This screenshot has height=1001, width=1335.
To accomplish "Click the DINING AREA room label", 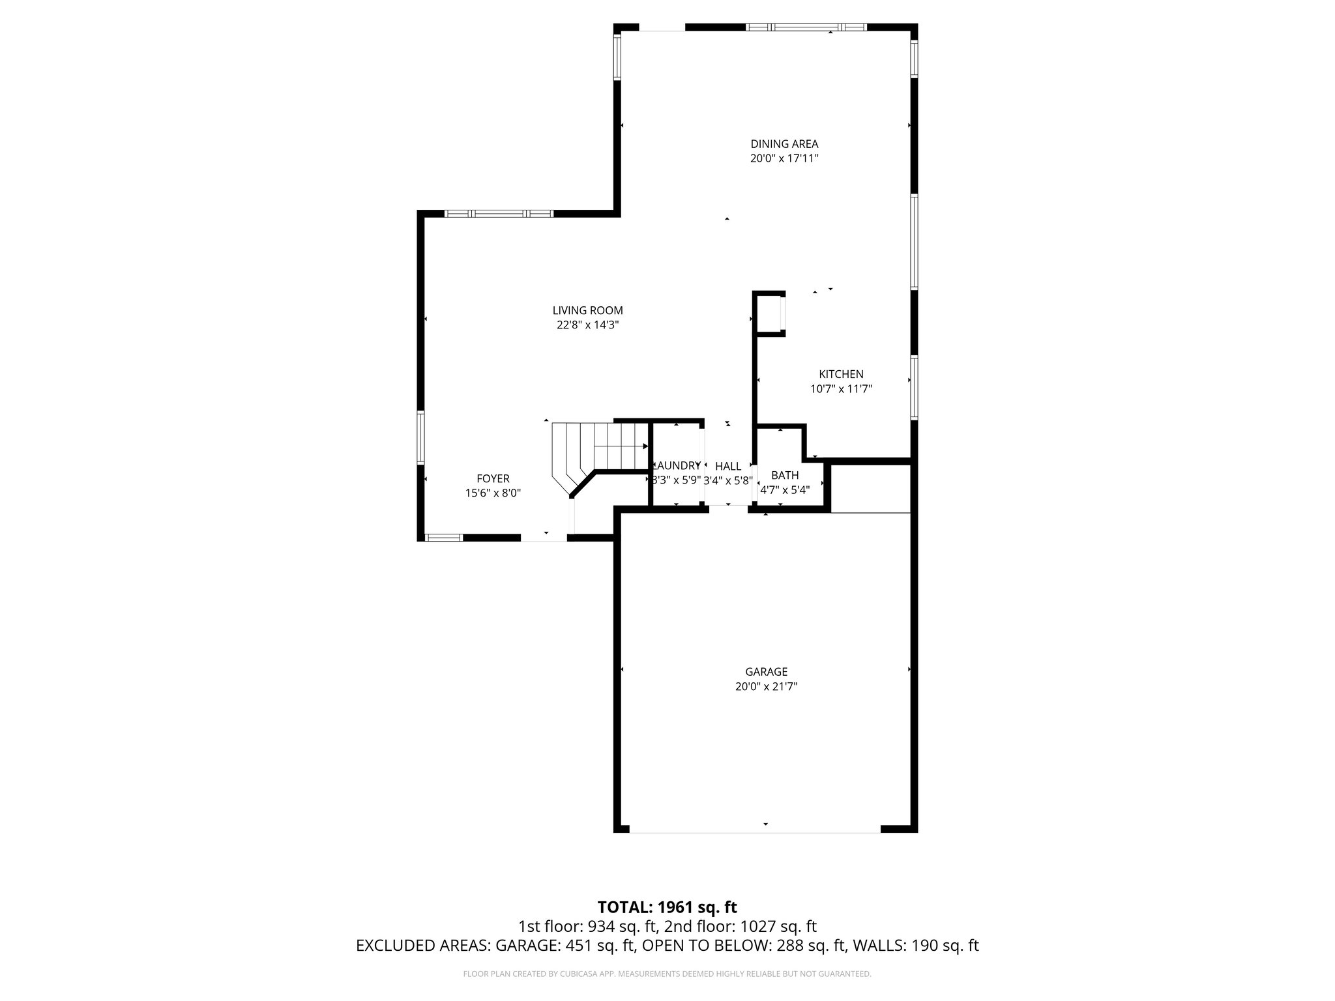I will coord(784,144).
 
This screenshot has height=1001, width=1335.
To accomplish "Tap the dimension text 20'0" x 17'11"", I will coord(784,158).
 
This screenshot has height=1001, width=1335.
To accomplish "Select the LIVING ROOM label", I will coord(587,311).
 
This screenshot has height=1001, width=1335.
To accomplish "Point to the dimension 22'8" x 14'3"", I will coord(587,325).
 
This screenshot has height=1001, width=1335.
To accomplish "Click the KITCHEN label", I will coord(841,374).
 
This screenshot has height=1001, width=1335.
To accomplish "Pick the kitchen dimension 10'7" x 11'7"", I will coord(841,389).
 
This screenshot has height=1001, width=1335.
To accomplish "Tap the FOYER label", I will coord(493,479).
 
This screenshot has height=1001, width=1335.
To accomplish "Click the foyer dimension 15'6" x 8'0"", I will coord(493,493).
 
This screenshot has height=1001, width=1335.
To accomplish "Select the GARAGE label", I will coord(766,672).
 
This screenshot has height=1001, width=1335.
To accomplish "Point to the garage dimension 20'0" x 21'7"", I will coord(766,686).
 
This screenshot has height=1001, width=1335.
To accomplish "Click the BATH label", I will coord(784,475).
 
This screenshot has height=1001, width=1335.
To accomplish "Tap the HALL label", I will coord(728,466).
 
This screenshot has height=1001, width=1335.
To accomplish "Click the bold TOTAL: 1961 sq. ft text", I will coord(667,907).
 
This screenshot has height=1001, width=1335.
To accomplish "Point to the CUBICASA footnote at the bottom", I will coord(667,974).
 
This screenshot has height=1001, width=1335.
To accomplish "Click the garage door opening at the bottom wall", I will coord(755,832).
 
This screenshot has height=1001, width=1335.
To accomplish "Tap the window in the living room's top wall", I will coord(499,213).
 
